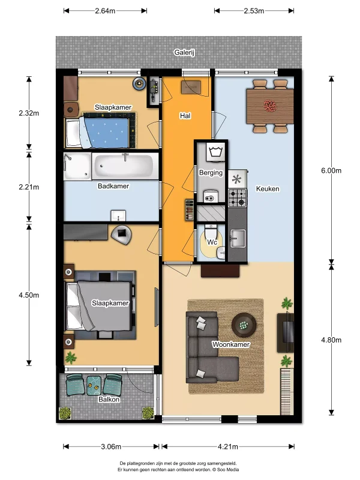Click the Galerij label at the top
click(x=184, y=52)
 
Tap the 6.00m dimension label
click(x=331, y=170)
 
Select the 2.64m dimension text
click(x=105, y=11)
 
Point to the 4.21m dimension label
click(x=228, y=446)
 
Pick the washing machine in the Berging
click(x=217, y=152)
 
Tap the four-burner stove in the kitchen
click(x=238, y=198)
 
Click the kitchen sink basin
click(x=238, y=238)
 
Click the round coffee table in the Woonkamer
click(x=244, y=325)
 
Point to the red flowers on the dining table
click(x=270, y=106)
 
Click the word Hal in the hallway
click(x=185, y=116)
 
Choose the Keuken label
click(x=268, y=189)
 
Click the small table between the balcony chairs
click(x=94, y=385)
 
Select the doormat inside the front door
click(x=191, y=87)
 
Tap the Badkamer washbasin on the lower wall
click(x=118, y=215)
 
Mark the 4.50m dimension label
click(x=29, y=295)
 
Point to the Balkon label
click(x=109, y=400)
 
